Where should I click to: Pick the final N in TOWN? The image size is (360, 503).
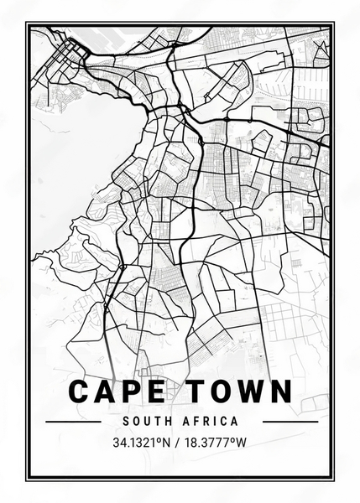click(280, 392)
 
